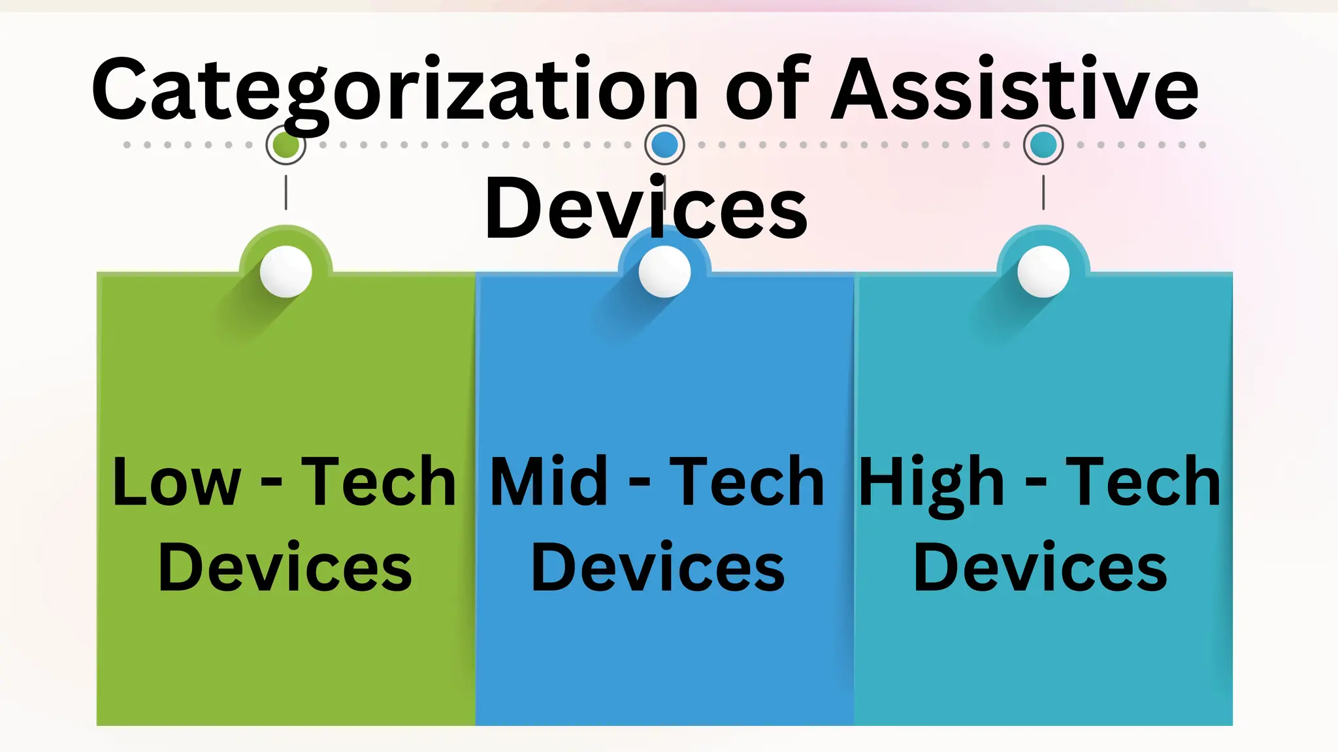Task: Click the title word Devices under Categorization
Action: click(645, 209)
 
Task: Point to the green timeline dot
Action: click(286, 145)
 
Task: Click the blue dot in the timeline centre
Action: click(664, 145)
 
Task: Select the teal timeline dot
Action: click(1043, 145)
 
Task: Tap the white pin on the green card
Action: click(286, 272)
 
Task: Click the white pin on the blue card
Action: click(664, 272)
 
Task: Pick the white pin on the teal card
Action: click(1043, 272)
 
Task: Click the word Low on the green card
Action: click(176, 483)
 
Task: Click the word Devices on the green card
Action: click(286, 568)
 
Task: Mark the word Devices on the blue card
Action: click(658, 568)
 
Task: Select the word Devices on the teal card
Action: click(1040, 568)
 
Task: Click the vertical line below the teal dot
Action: click(1043, 193)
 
